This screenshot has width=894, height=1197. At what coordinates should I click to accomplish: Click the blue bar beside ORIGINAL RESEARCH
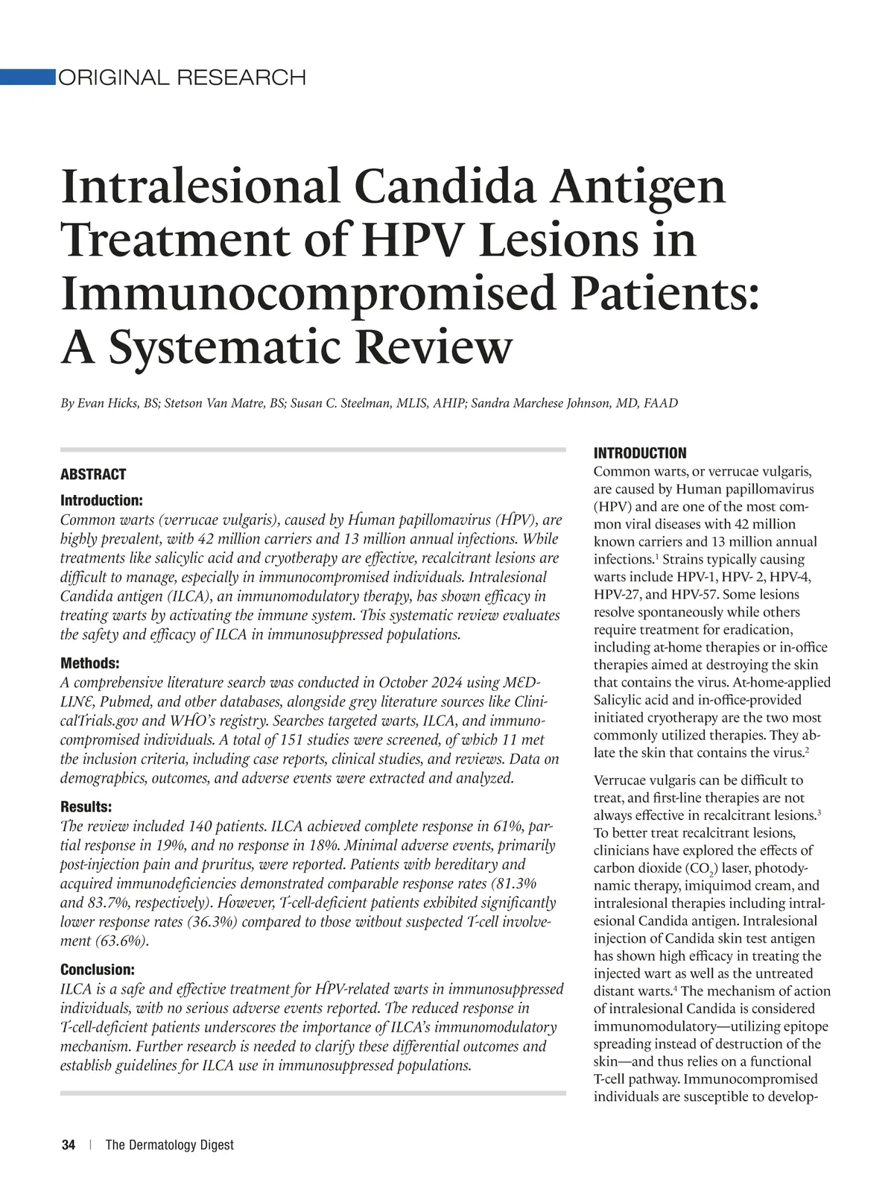pos(28,77)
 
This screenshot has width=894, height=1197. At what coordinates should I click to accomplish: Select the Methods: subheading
pos(89,663)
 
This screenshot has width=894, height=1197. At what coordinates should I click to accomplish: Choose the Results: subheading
pos(86,807)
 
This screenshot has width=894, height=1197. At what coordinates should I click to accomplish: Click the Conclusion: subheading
pos(97,970)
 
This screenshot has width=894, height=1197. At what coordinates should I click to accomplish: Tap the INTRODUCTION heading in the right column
pos(640,453)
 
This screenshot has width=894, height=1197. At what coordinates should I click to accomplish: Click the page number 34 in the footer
pos(69,1145)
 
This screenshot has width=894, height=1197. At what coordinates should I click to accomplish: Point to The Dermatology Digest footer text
pos(170,1145)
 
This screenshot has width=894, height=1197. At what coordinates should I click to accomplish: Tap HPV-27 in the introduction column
pos(616,595)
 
